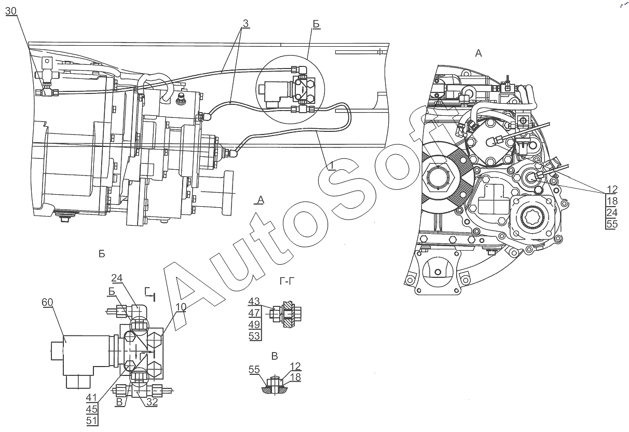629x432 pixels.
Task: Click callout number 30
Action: click(x=11, y=11)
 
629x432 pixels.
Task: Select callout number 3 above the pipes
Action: click(x=245, y=23)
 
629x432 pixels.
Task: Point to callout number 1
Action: click(x=332, y=166)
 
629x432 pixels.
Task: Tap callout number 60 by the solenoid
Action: click(x=47, y=302)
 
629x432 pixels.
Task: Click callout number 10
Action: click(x=181, y=307)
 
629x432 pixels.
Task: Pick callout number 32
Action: click(x=152, y=402)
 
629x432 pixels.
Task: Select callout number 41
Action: click(x=91, y=398)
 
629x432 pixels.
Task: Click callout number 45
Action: click(x=91, y=409)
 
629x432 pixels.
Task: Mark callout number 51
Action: click(x=91, y=421)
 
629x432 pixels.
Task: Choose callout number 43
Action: click(x=254, y=302)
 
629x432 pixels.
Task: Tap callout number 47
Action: click(x=254, y=313)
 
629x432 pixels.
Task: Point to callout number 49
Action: click(x=254, y=325)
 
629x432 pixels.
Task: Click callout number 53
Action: click(x=254, y=335)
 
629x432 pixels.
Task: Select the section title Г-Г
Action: click(x=288, y=281)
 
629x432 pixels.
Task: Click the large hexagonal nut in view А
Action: click(x=438, y=177)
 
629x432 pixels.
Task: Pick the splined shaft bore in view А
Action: click(x=532, y=217)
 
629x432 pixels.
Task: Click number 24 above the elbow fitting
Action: click(x=117, y=278)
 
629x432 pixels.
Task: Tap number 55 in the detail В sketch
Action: click(x=254, y=370)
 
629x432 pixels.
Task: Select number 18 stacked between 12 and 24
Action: click(x=612, y=201)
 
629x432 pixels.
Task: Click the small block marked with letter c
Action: click(x=48, y=60)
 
